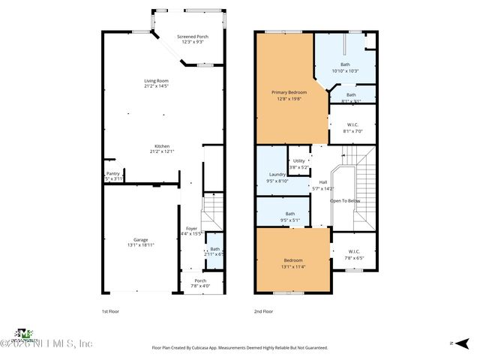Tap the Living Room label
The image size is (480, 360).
[156, 83]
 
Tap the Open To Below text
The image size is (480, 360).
[345, 201]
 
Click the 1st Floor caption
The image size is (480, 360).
[110, 310]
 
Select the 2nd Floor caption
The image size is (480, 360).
[263, 310]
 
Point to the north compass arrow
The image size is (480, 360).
[454, 343]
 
